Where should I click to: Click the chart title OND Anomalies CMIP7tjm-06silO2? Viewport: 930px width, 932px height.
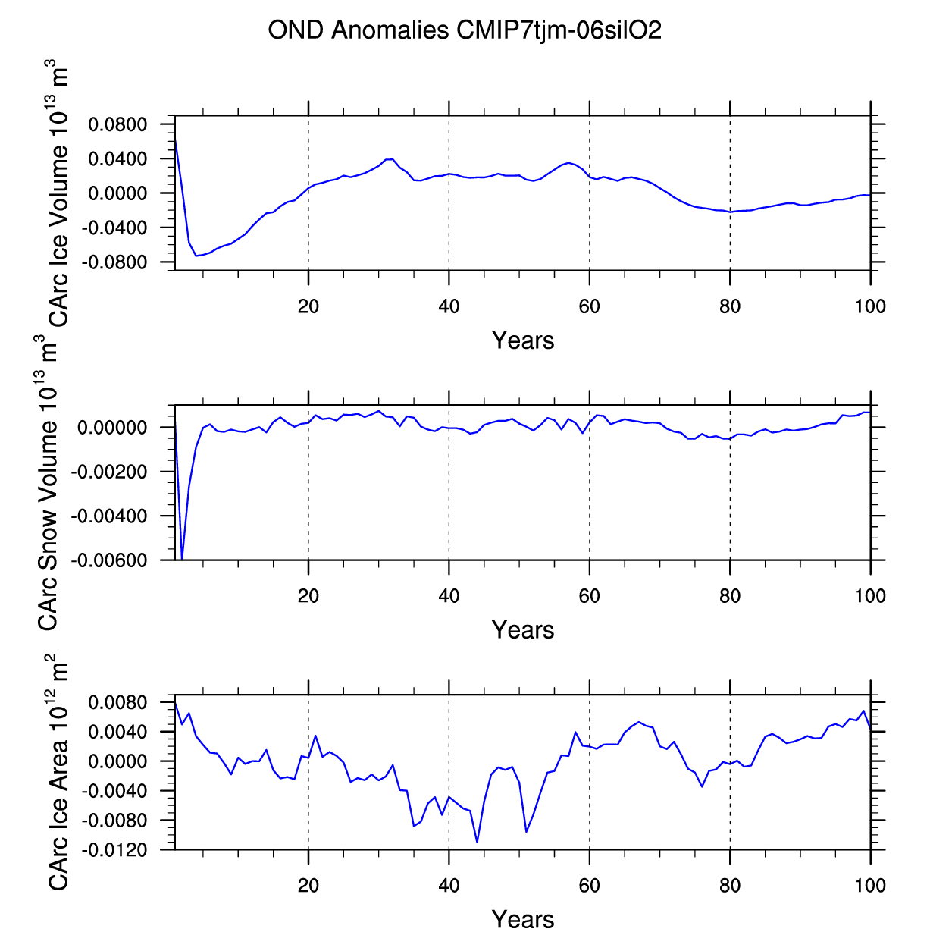tap(465, 31)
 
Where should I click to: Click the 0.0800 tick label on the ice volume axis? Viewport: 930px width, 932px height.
tap(117, 124)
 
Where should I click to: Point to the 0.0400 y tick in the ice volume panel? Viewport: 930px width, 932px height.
tap(117, 159)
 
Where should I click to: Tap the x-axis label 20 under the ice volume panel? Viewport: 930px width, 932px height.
tap(308, 307)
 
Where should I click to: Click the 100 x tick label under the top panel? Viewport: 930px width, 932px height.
tap(869, 307)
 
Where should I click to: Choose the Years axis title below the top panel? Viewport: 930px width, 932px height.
tap(523, 340)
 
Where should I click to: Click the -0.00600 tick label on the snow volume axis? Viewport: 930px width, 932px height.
tap(109, 560)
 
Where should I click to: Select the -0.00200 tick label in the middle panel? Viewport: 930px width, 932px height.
tap(109, 472)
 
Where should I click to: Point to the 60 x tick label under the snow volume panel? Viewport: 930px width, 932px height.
tap(589, 596)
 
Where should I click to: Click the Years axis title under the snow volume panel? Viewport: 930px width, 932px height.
tap(523, 630)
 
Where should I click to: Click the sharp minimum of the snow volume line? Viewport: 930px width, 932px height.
tap(182, 559)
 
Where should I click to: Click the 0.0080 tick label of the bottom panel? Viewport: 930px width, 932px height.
tap(117, 703)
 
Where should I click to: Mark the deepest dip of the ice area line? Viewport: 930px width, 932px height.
tap(477, 842)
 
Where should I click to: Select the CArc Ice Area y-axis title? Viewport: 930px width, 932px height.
tap(59, 772)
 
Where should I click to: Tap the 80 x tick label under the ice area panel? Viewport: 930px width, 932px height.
tap(729, 885)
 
